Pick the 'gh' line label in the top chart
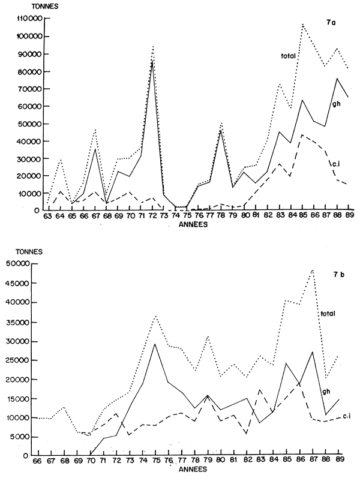point(337,104)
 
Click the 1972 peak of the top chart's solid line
point(152,60)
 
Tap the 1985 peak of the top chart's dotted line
point(303,24)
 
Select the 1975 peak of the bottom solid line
point(155,344)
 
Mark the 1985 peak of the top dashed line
point(302,134)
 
